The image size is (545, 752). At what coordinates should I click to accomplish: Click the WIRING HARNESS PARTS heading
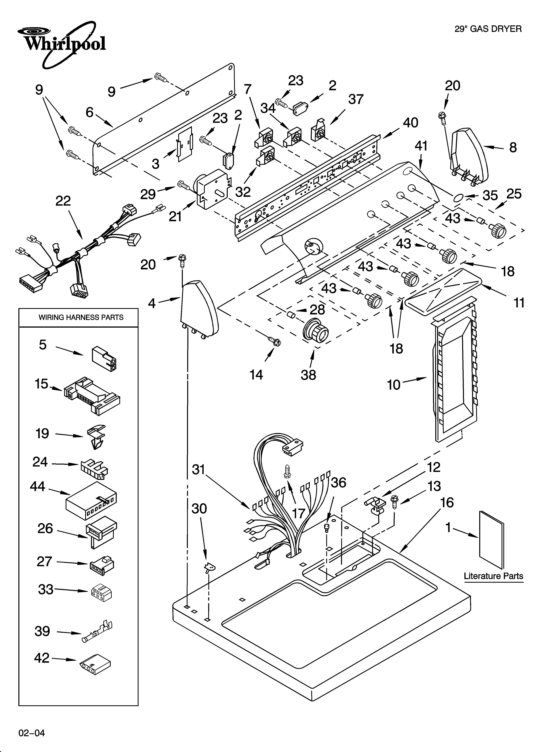click(81, 317)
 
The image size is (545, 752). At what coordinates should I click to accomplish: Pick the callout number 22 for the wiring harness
click(63, 201)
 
